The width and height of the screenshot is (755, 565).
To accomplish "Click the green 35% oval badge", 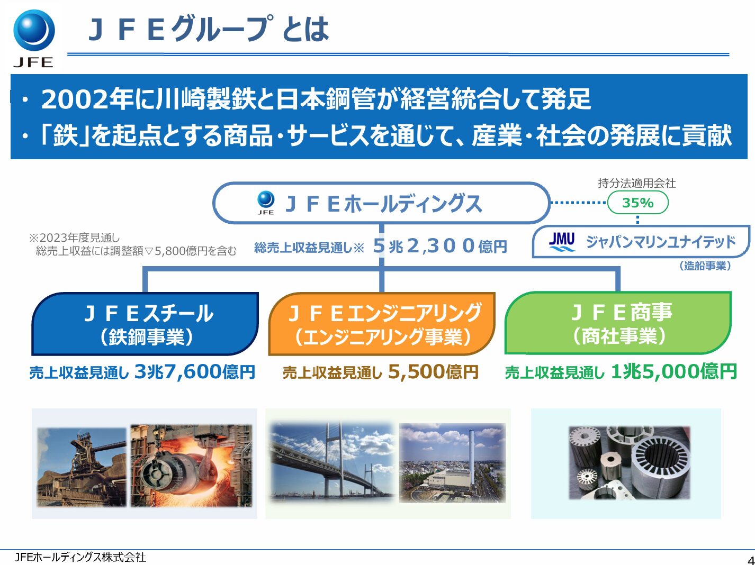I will click(x=637, y=203).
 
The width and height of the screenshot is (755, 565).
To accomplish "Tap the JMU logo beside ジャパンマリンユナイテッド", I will click(x=561, y=242).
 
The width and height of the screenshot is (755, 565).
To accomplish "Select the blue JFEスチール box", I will click(x=146, y=324).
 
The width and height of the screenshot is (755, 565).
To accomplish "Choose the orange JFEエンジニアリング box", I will click(x=382, y=324).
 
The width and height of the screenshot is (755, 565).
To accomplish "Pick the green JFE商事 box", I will click(x=618, y=323).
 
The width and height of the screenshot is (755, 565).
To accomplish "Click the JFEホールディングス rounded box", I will click(x=381, y=204).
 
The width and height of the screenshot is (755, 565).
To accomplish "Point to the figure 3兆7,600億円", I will click(x=195, y=372).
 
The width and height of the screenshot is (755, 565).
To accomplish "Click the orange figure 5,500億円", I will click(x=433, y=372).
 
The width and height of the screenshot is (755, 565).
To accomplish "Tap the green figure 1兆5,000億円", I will click(x=673, y=372).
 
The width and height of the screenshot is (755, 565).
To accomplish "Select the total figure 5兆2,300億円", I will click(x=440, y=246).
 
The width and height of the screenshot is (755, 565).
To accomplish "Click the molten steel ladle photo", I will click(x=192, y=466).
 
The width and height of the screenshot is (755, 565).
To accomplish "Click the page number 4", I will click(x=750, y=560).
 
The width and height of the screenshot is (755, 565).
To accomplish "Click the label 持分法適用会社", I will click(x=636, y=183).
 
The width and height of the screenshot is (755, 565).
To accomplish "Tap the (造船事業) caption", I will click(x=705, y=266).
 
